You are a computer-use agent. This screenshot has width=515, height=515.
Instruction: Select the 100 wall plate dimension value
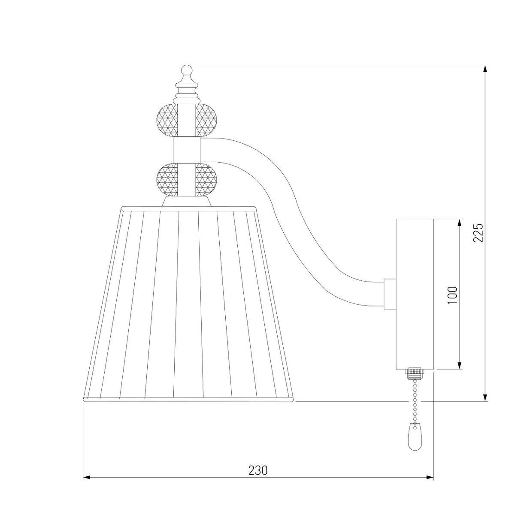pyautogui.click(x=452, y=294)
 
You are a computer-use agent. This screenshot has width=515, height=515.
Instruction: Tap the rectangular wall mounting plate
pyautogui.click(x=415, y=294)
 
